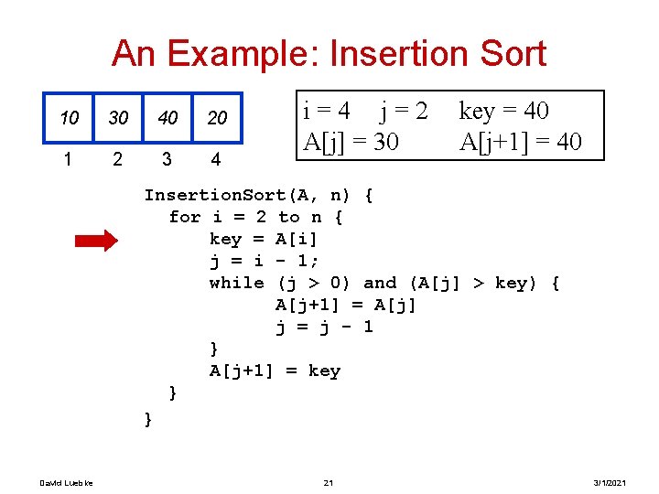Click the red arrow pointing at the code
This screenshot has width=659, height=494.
pos(95,241)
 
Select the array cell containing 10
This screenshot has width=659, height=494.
pos(69,119)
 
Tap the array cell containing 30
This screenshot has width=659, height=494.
pos(118,119)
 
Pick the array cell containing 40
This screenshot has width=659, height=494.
pos(167,119)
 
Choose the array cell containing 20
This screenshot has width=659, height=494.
pos(217,119)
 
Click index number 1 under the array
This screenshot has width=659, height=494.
pos(69,159)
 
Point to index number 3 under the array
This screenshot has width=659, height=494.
pos(166,159)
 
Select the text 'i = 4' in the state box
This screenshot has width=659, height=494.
pos(326,112)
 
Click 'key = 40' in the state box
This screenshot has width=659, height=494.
pos(503,112)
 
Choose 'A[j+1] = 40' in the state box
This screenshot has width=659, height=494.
pos(520,142)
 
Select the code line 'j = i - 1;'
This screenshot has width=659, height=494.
pos(265,262)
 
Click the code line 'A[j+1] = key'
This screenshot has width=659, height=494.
pos(275,371)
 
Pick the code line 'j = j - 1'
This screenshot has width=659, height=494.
pos(324,328)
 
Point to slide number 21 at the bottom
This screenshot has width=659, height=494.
pos(329,483)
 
